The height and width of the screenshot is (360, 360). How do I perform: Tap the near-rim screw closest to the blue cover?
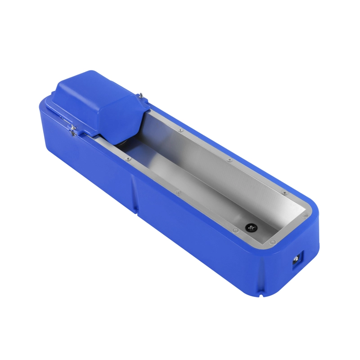click(x=128, y=159)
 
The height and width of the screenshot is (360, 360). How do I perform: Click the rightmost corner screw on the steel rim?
click(x=306, y=216)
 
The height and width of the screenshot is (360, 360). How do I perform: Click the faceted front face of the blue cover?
click(x=119, y=119)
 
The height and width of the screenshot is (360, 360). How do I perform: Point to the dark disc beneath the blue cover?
click(x=119, y=143)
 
